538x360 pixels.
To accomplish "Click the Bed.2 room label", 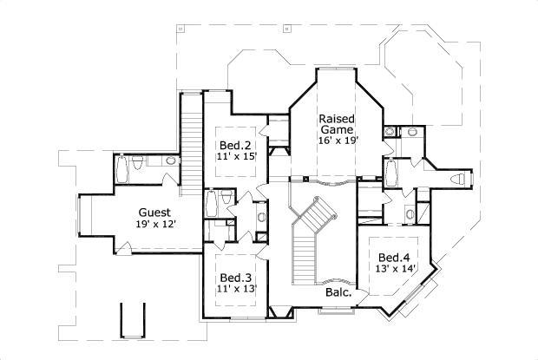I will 234,145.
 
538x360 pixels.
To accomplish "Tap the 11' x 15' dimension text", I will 234,157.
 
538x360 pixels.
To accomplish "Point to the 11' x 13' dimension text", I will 237,289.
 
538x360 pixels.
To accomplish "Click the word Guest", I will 154,213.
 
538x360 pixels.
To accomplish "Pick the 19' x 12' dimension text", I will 154,225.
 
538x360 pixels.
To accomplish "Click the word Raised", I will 335,118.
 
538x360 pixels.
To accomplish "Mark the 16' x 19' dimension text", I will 337,140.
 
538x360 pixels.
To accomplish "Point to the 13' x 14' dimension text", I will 394,269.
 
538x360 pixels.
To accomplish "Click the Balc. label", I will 338,293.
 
